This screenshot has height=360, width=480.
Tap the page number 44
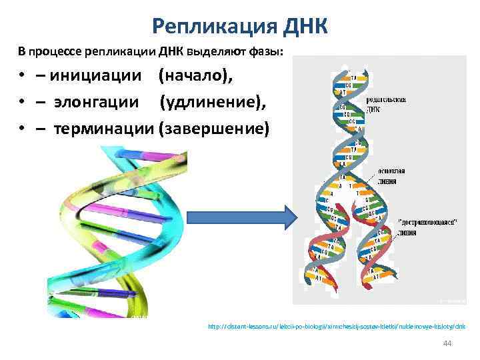(x=447, y=343)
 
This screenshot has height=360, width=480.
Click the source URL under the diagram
(x=337, y=327)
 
